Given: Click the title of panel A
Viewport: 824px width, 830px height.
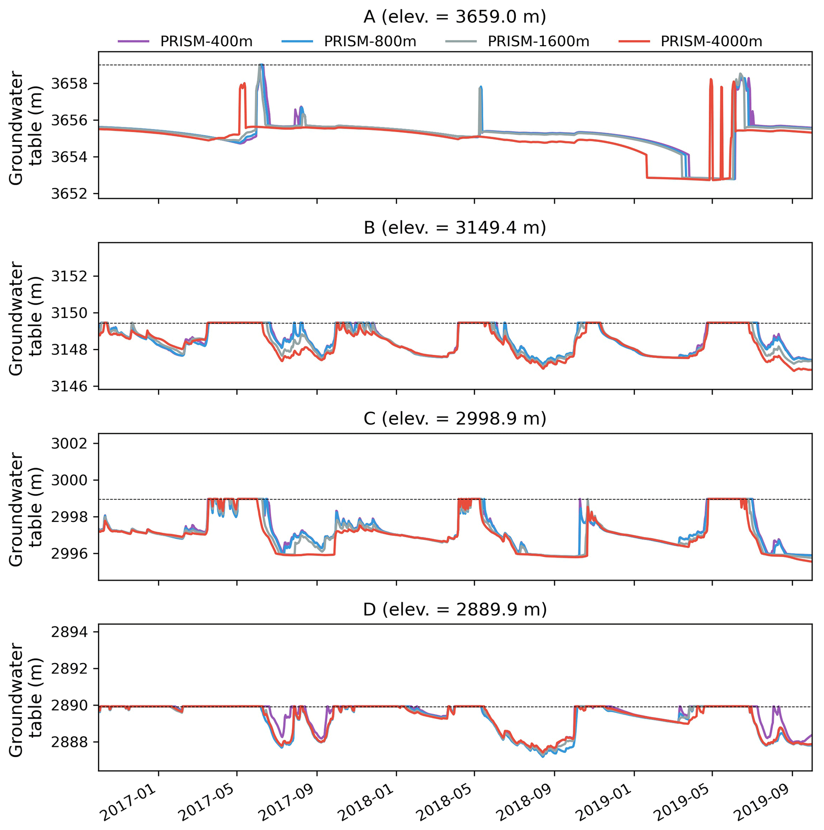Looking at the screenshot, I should coord(454,17).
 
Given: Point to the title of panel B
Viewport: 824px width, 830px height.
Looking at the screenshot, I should coord(454,228).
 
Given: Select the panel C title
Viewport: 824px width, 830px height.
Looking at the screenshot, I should coord(454,419).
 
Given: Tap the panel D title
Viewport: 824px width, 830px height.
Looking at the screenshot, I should coord(454,609).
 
